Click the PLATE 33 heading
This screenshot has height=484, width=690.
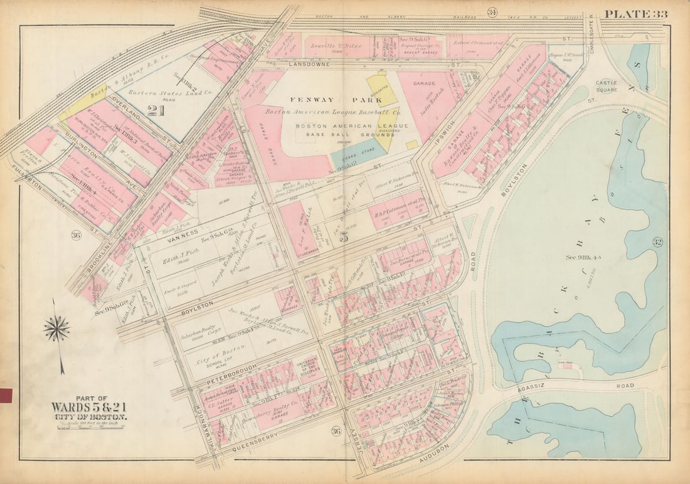pyautogui.click(x=636, y=14)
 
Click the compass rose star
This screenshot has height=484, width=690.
pyautogui.click(x=56, y=329)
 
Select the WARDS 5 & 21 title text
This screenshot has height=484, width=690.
pyautogui.click(x=90, y=407)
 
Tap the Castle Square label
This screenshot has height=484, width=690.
pyautogui.click(x=606, y=87)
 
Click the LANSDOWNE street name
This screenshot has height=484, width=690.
pyautogui.click(x=305, y=65)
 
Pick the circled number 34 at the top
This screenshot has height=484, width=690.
pyautogui.click(x=492, y=12)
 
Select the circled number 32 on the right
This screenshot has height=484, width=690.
pyautogui.click(x=657, y=242)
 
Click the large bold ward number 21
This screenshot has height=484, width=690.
pyautogui.click(x=156, y=111)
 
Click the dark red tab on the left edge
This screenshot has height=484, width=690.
pyautogui.click(x=6, y=395)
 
